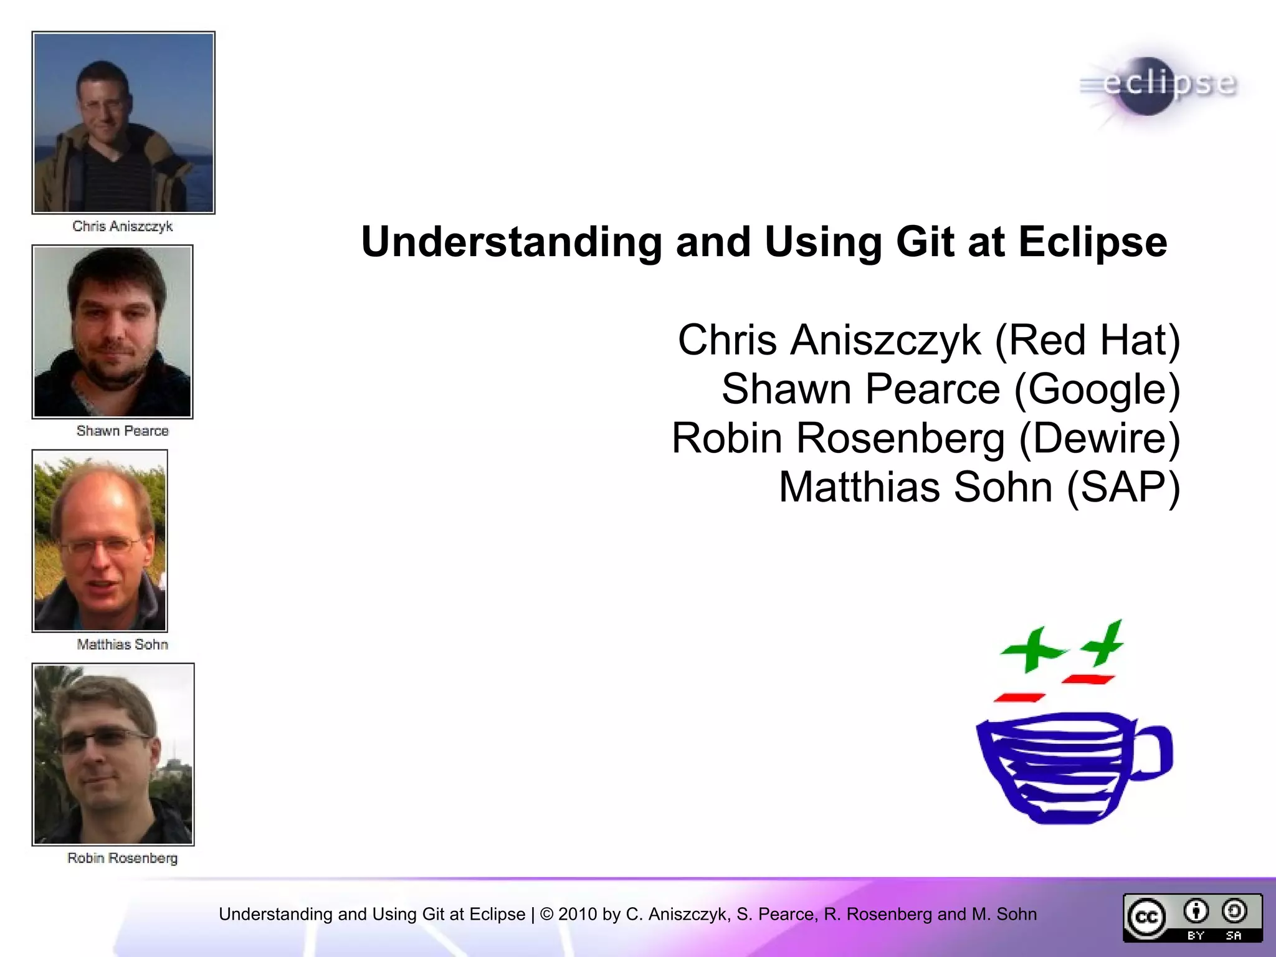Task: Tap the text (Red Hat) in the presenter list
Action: [1087, 340]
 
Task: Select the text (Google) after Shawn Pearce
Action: [1097, 389]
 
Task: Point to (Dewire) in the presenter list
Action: [1100, 438]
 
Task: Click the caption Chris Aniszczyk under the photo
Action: [122, 226]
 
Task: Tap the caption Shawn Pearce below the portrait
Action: [122, 431]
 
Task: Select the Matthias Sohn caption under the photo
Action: [122, 645]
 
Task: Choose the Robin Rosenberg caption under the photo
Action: [122, 859]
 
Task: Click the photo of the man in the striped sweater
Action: [123, 123]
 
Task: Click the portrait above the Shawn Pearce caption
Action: [113, 331]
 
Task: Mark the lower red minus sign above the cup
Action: [1019, 698]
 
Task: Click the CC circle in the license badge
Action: [1146, 918]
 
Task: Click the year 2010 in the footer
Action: [578, 915]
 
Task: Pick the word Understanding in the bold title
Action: [512, 242]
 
